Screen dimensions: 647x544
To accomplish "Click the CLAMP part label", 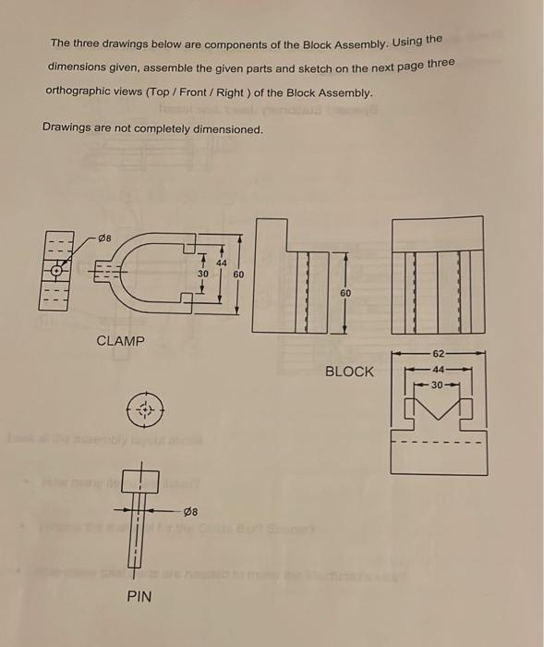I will pos(121,341).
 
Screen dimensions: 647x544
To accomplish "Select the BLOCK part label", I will pos(349,372).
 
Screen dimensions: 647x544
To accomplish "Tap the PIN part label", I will pos(139,597).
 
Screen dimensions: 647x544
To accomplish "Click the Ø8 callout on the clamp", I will pos(108,238).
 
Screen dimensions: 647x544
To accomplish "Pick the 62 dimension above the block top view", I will pos(439,353).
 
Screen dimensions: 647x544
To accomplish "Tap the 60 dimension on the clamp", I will pos(238,275).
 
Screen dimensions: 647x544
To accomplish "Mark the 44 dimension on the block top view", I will pos(439,368).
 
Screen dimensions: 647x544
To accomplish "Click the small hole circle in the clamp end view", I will pos(57,272).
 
